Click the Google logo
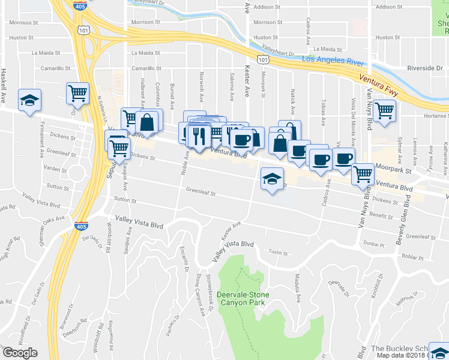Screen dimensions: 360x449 pos(20,353)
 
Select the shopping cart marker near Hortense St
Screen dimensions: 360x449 pos(384,110)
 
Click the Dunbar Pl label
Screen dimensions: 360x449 pos(373,244)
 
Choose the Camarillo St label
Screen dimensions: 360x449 pos(55,68)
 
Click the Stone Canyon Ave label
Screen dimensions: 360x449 pos(200,293)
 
